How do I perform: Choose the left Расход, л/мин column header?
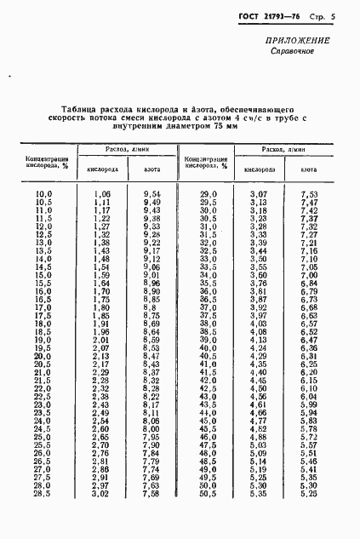tap(127, 149)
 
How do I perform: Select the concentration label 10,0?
tap(43, 194)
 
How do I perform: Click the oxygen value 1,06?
tap(101, 194)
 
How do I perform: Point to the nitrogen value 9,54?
tap(152, 194)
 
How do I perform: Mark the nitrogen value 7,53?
tap(310, 194)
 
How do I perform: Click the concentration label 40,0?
tap(209, 347)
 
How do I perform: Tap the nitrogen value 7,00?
tap(310, 275)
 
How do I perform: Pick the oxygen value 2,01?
tap(101, 340)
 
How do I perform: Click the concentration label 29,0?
tap(209, 194)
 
